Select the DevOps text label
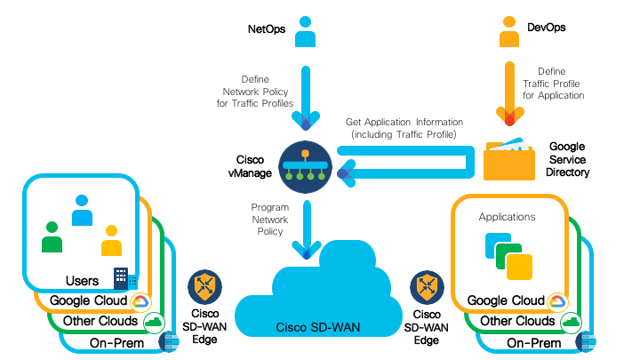[x=547, y=28]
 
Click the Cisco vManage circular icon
[x=305, y=165]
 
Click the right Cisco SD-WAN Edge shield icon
[x=426, y=287]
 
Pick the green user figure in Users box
[x=52, y=236]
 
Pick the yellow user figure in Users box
[x=110, y=240]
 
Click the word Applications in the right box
[x=508, y=216]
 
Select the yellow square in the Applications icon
[x=518, y=266]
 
